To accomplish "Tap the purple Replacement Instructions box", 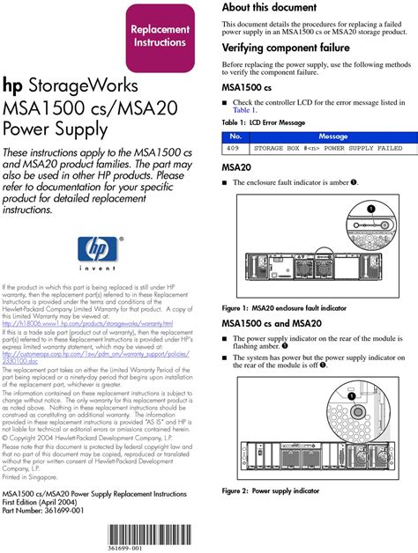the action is (x=160, y=36).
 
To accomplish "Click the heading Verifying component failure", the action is (x=286, y=48).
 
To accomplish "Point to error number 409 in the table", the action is (x=235, y=149).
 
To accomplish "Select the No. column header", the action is (x=235, y=137).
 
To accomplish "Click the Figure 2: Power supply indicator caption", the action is (x=270, y=490).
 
